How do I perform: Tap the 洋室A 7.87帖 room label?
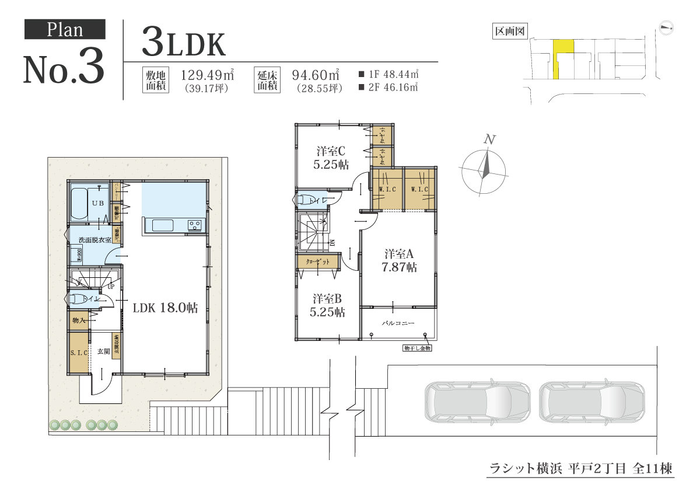point(399,261)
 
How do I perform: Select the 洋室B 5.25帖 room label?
point(327,305)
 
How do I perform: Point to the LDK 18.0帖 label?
point(165,308)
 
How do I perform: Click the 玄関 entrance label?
point(103,351)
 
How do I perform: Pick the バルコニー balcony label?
point(398,322)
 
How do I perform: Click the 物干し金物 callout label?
point(416,348)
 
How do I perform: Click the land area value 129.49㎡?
point(208,75)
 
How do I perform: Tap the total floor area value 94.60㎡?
point(316,75)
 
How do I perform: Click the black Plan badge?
point(65,29)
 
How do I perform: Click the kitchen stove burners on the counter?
point(194,225)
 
